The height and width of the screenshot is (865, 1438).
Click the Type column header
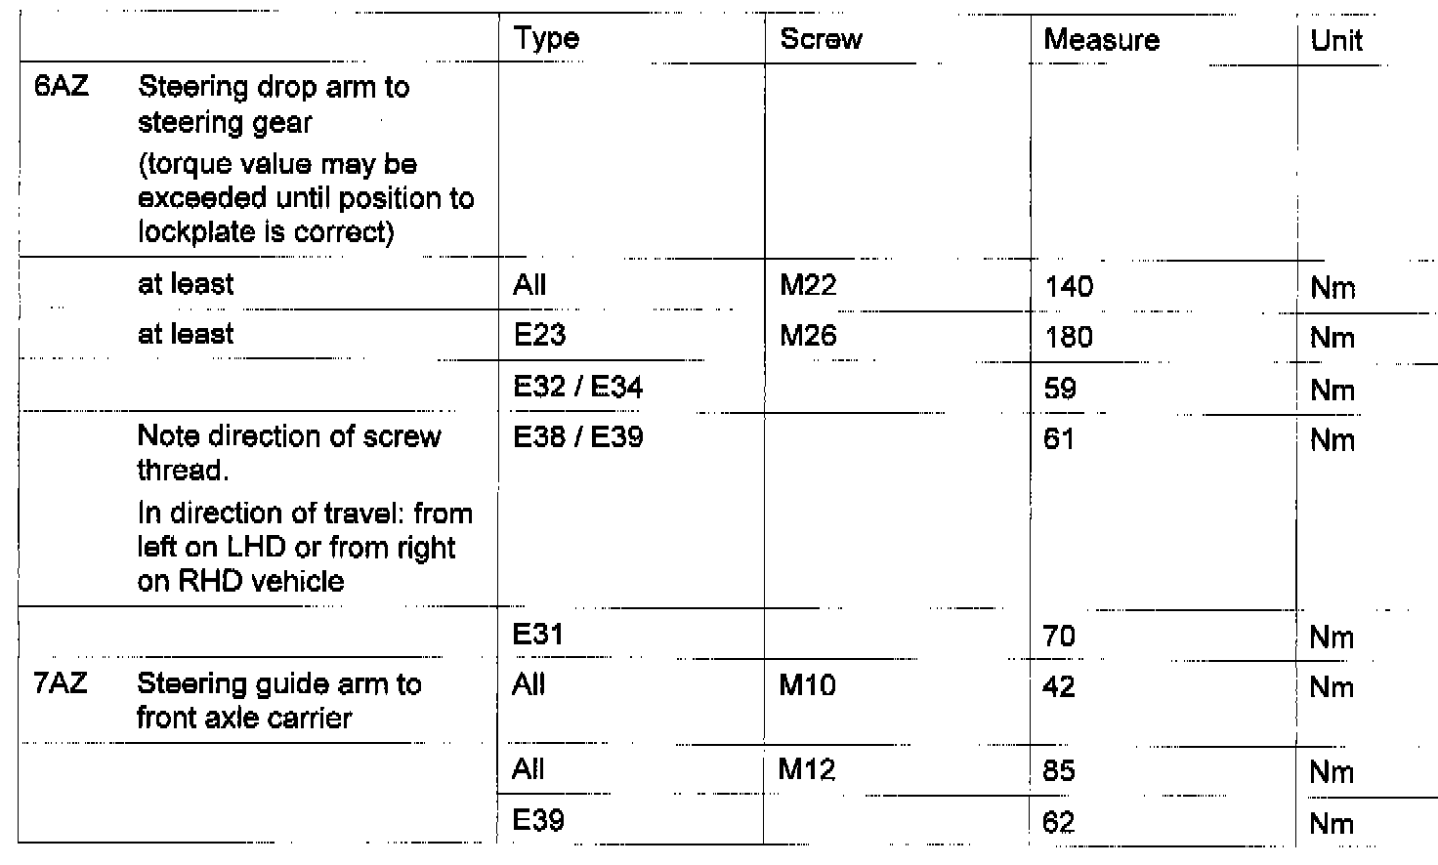click(546, 39)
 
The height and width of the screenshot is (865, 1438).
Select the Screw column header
click(821, 39)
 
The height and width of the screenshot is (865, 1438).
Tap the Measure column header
click(1101, 40)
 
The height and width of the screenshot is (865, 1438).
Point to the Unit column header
click(1335, 41)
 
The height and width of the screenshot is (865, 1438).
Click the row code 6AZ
click(61, 87)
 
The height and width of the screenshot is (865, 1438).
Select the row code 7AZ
click(60, 683)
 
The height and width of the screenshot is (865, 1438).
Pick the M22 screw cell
click(808, 285)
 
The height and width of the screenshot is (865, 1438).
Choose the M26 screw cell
click(808, 336)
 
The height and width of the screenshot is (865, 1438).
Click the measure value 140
click(1069, 287)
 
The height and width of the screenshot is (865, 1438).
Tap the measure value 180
click(1069, 338)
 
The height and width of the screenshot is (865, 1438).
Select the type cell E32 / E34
click(577, 388)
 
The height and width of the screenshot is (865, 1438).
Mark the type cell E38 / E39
click(577, 437)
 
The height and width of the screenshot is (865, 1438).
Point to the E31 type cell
click(538, 636)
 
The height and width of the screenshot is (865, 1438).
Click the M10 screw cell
click(807, 685)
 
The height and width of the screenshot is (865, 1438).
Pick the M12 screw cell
click(807, 770)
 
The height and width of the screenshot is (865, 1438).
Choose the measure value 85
click(1059, 771)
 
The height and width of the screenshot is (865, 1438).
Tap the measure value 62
click(1059, 822)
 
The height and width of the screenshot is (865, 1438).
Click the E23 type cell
click(539, 336)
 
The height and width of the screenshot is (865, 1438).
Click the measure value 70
click(1059, 638)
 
